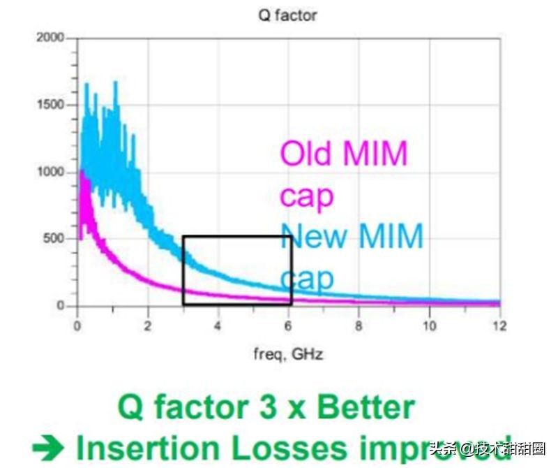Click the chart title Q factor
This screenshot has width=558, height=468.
pyautogui.click(x=287, y=15)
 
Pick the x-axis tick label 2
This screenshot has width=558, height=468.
pyautogui.click(x=147, y=326)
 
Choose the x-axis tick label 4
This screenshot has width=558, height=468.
pyautogui.click(x=218, y=326)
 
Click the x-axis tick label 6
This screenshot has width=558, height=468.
pyautogui.click(x=288, y=326)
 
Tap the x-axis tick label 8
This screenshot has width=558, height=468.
pyautogui.click(x=359, y=326)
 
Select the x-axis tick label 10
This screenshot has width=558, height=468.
pyautogui.click(x=428, y=326)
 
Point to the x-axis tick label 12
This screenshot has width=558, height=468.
pyautogui.click(x=498, y=326)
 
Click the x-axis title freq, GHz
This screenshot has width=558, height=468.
pyautogui.click(x=287, y=354)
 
